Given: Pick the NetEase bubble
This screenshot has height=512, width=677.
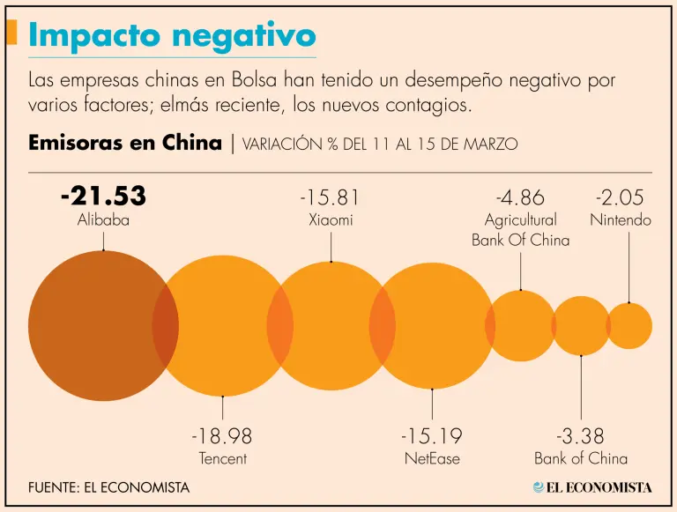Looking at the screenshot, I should point(432,326).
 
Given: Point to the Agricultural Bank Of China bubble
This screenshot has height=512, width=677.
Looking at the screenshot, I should point(521,326).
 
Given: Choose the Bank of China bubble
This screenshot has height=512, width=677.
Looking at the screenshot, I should point(581,326).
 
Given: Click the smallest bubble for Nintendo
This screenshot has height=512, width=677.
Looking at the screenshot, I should point(629,326).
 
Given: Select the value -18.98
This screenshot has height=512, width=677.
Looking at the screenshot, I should point(222,436).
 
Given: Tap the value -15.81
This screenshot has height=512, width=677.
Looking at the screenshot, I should point(331,197).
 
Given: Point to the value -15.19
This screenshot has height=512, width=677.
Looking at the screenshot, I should point(432,436).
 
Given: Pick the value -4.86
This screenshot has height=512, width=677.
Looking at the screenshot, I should point(520,197).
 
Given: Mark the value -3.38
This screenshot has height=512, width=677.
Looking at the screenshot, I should point(581,436).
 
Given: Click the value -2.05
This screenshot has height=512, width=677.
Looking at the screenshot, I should point(620,197).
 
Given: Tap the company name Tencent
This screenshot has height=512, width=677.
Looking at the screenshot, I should point(222,458).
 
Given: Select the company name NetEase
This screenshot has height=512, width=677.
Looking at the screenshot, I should point(432,458).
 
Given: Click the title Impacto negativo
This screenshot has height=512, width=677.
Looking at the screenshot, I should point(171,35).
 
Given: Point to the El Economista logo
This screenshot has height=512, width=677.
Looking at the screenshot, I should point(591,486).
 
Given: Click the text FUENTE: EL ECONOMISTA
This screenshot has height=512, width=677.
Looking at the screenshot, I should point(108,486).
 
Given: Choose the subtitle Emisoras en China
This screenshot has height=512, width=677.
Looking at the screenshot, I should point(125,143).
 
